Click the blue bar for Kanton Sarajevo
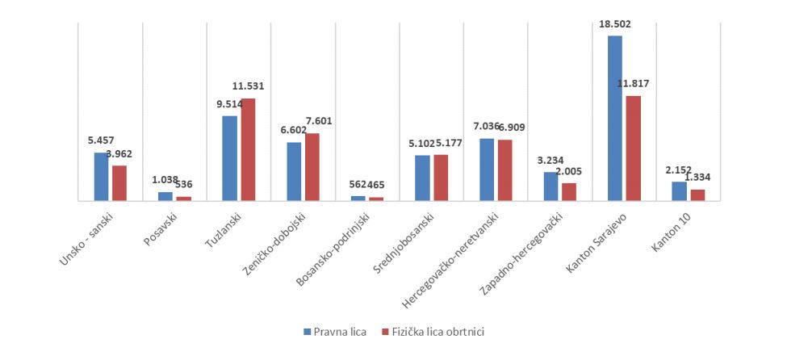point(615,118)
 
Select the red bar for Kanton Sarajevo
point(634,148)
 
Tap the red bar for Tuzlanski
point(248,149)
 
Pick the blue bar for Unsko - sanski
point(101,176)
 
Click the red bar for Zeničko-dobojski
point(312,166)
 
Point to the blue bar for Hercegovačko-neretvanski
point(487,170)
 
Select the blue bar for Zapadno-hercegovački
point(550,186)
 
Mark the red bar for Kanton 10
point(697,195)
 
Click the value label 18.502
point(615,24)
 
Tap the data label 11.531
point(248,86)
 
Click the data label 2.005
point(568,171)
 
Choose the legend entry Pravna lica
point(336,332)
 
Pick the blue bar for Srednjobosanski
point(422,178)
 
